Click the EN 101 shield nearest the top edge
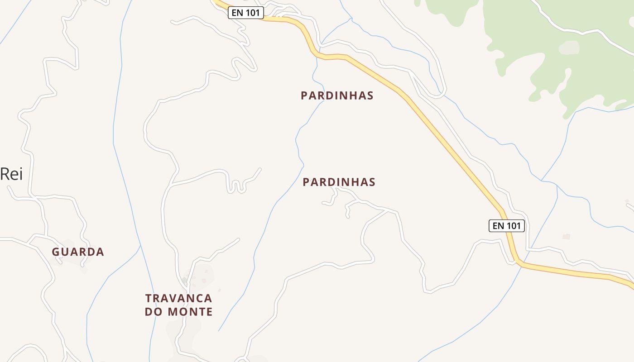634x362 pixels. [x=245, y=13]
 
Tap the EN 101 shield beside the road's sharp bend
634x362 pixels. [x=506, y=225]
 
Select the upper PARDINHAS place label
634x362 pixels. [x=337, y=95]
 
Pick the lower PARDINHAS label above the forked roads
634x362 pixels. [x=339, y=182]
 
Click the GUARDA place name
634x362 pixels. [x=78, y=252]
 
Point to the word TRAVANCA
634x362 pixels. [x=178, y=298]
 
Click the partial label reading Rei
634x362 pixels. [x=11, y=174]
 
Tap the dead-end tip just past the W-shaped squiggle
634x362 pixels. [x=260, y=169]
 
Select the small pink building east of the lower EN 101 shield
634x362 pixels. [x=566, y=237]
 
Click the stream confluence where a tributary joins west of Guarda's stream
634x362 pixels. [x=140, y=247]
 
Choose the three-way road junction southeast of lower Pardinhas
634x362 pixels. [x=389, y=210]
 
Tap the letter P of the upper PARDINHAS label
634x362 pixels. [x=304, y=95]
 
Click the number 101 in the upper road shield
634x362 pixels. [x=253, y=13]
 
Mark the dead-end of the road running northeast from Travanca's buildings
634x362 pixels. [x=238, y=239]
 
